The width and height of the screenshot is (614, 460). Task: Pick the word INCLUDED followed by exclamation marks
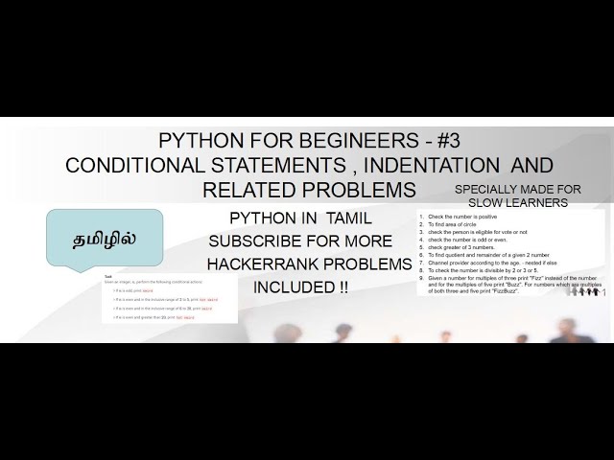pos(294,286)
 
